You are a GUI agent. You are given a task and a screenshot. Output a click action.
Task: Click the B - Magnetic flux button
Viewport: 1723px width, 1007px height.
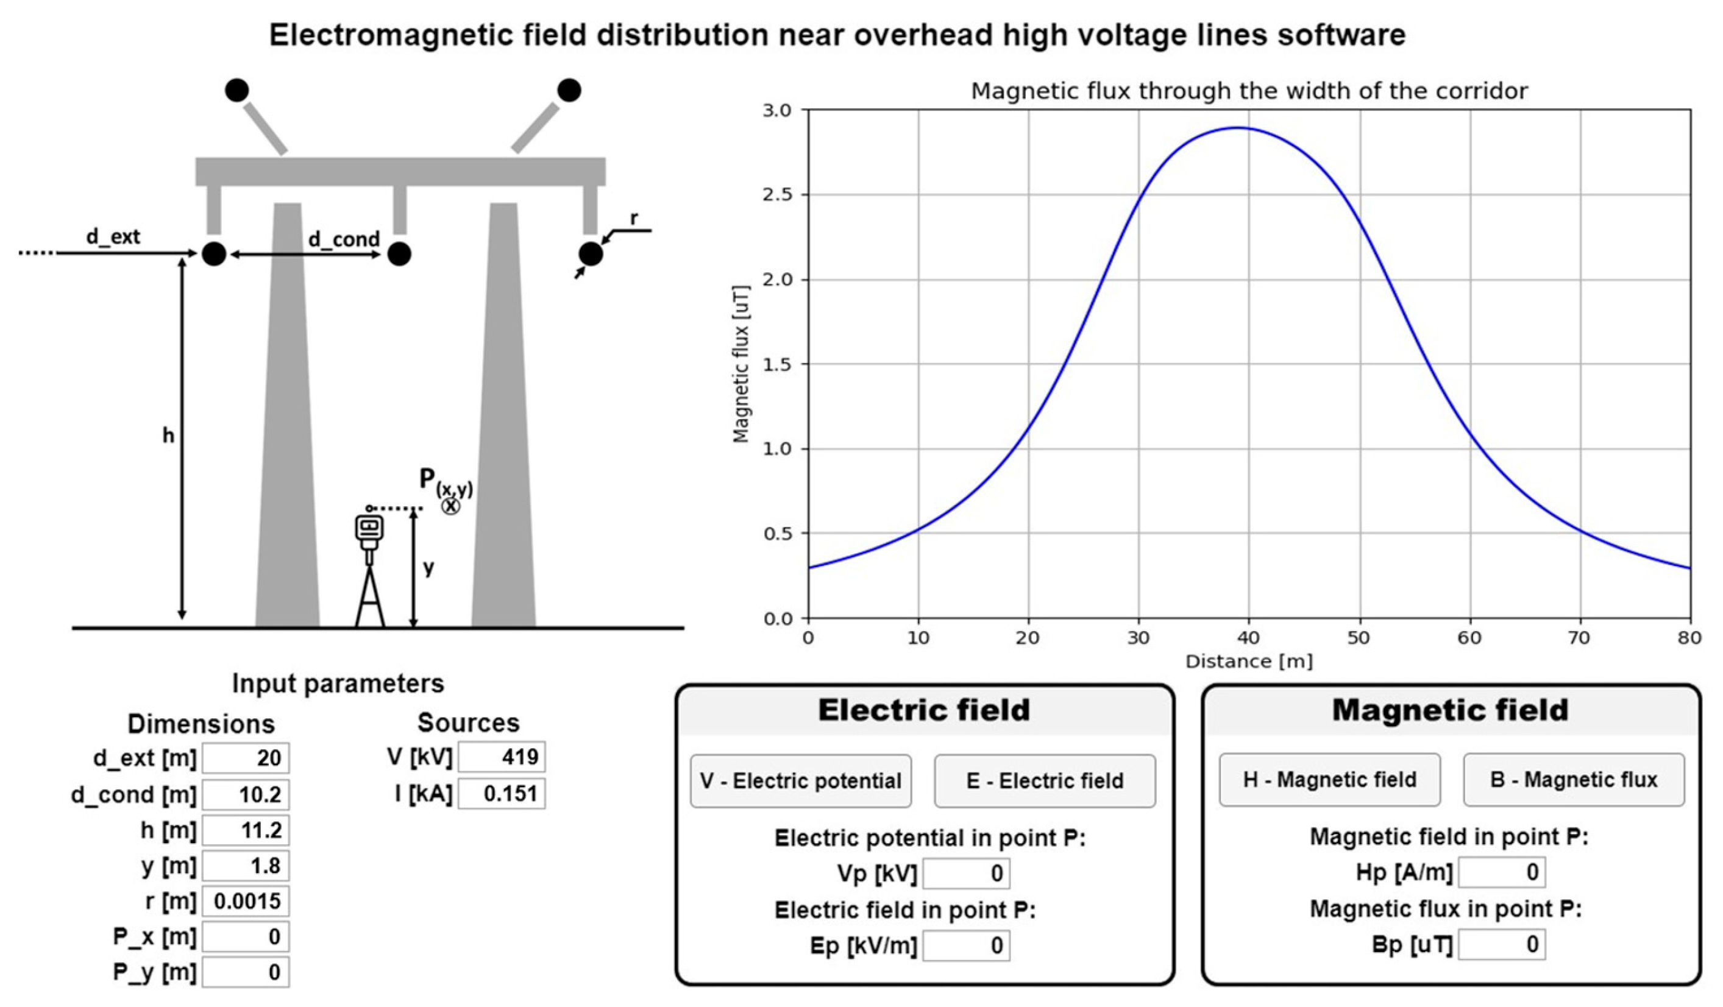coord(1572,779)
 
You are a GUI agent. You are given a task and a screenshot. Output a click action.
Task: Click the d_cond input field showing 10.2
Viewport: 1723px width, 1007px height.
coord(246,794)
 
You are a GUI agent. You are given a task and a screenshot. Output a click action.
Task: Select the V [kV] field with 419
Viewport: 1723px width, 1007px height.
coord(501,757)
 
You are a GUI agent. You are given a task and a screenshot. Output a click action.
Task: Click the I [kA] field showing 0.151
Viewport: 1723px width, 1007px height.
coord(501,793)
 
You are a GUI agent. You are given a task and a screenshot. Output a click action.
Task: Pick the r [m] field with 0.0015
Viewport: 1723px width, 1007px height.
coord(246,901)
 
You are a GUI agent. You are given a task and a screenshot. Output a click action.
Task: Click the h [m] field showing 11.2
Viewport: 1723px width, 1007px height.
coord(246,830)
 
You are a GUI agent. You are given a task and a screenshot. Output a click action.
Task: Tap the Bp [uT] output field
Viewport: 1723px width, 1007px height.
coord(1502,944)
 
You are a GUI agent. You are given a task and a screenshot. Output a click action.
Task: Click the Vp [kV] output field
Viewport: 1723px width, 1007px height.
coord(965,873)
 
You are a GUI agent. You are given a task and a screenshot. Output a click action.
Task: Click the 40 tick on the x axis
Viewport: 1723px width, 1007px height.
coord(1248,638)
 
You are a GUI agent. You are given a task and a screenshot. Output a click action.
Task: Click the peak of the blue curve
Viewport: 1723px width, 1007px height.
coord(1238,128)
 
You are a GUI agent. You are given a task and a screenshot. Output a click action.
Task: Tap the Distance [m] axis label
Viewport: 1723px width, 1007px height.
coord(1248,662)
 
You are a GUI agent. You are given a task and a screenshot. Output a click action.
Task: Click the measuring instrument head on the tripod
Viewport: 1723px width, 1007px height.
coord(369,528)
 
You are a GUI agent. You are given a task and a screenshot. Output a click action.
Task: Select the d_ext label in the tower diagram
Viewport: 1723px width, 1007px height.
coord(113,236)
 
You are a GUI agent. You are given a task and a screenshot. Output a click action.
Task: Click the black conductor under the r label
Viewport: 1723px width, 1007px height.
coord(591,253)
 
